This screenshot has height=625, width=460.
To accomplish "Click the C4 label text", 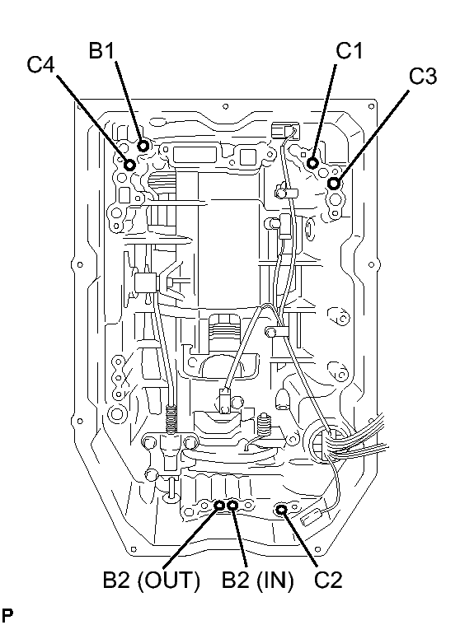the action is tap(40, 64).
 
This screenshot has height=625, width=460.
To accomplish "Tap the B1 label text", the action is tap(101, 50).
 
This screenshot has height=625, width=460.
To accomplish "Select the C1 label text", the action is tap(349, 50).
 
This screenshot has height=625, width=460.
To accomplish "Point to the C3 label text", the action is tap(423, 76).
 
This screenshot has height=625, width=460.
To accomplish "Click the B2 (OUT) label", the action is tap(151, 580).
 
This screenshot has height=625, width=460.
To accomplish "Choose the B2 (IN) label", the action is tap(257, 580).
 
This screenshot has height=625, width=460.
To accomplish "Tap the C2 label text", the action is tap(328, 580).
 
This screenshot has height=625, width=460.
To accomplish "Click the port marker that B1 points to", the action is tap(143, 146).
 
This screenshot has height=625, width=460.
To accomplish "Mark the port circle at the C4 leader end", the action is tap(130, 165).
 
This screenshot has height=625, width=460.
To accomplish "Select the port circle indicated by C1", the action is tap(312, 162).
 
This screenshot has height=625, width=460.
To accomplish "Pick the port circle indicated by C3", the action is tap(334, 184).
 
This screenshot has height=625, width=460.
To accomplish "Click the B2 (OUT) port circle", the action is tap(219, 506).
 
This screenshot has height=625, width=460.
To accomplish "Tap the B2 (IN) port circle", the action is tap(232, 506).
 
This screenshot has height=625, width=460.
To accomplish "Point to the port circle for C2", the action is tap(282, 509).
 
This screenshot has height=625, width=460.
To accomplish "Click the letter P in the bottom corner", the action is tap(7, 614).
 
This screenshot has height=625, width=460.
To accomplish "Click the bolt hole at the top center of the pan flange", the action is tap(225, 106).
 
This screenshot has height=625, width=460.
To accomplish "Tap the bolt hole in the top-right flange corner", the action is tap(372, 106).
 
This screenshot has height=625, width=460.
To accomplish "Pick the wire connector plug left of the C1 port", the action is tap(284, 131).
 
